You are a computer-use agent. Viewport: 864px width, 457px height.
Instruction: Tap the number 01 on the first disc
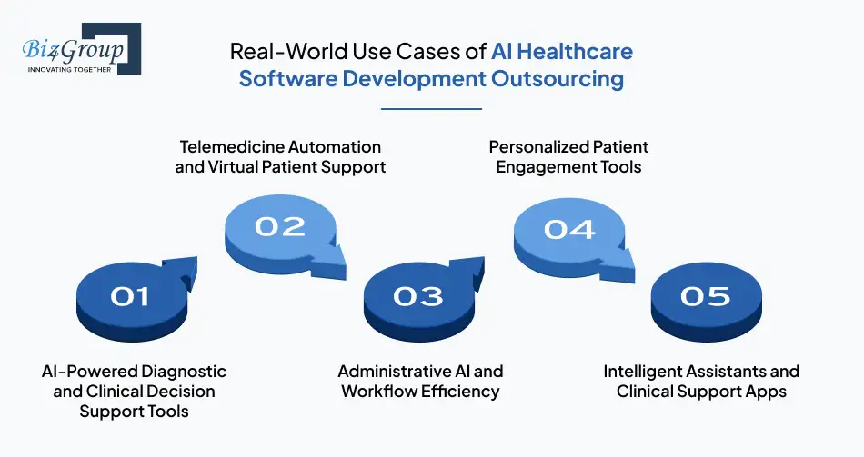click(x=128, y=295)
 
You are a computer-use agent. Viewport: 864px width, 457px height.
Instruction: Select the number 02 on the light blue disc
click(x=279, y=225)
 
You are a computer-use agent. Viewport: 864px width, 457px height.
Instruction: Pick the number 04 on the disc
click(x=569, y=228)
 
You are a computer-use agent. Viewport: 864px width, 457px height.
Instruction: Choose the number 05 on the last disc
click(x=705, y=295)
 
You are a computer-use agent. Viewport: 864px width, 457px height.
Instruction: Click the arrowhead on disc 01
click(x=186, y=266)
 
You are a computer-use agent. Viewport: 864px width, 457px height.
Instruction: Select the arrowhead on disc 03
click(x=474, y=266)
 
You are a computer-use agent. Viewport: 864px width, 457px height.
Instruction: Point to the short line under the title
click(x=431, y=109)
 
